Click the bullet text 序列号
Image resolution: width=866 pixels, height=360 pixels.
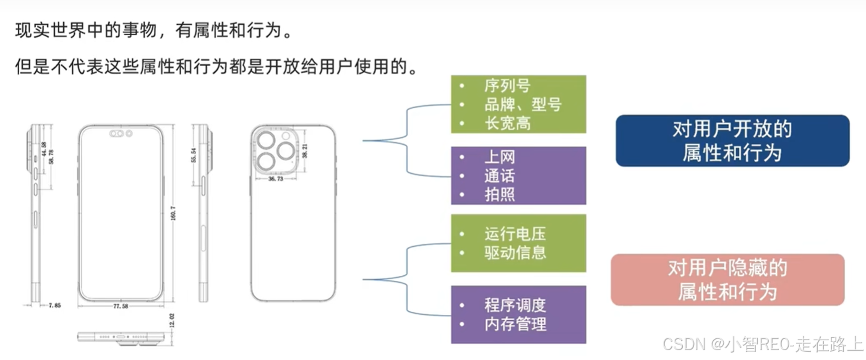click(x=507, y=86)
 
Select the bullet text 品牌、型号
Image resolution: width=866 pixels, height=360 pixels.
click(x=523, y=105)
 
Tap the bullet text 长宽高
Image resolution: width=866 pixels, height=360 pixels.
click(x=507, y=123)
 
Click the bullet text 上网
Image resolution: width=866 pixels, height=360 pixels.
click(x=500, y=157)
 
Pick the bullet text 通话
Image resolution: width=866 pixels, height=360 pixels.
click(x=500, y=176)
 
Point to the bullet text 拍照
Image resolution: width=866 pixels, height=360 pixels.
click(x=500, y=194)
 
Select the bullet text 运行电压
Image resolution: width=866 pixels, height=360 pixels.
click(x=515, y=234)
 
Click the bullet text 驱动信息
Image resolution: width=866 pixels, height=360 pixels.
click(x=515, y=252)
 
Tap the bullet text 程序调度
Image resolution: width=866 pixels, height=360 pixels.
click(x=515, y=305)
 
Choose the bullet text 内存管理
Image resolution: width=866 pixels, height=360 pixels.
click(x=515, y=324)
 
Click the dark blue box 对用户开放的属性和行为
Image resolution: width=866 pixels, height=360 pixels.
click(x=732, y=140)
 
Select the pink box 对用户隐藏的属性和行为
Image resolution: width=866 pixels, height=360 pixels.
click(x=727, y=280)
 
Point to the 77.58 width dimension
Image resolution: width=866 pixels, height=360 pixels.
click(x=121, y=306)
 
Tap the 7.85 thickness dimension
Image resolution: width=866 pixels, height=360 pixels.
click(x=56, y=305)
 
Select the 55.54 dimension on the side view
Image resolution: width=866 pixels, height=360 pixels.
click(x=194, y=155)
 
